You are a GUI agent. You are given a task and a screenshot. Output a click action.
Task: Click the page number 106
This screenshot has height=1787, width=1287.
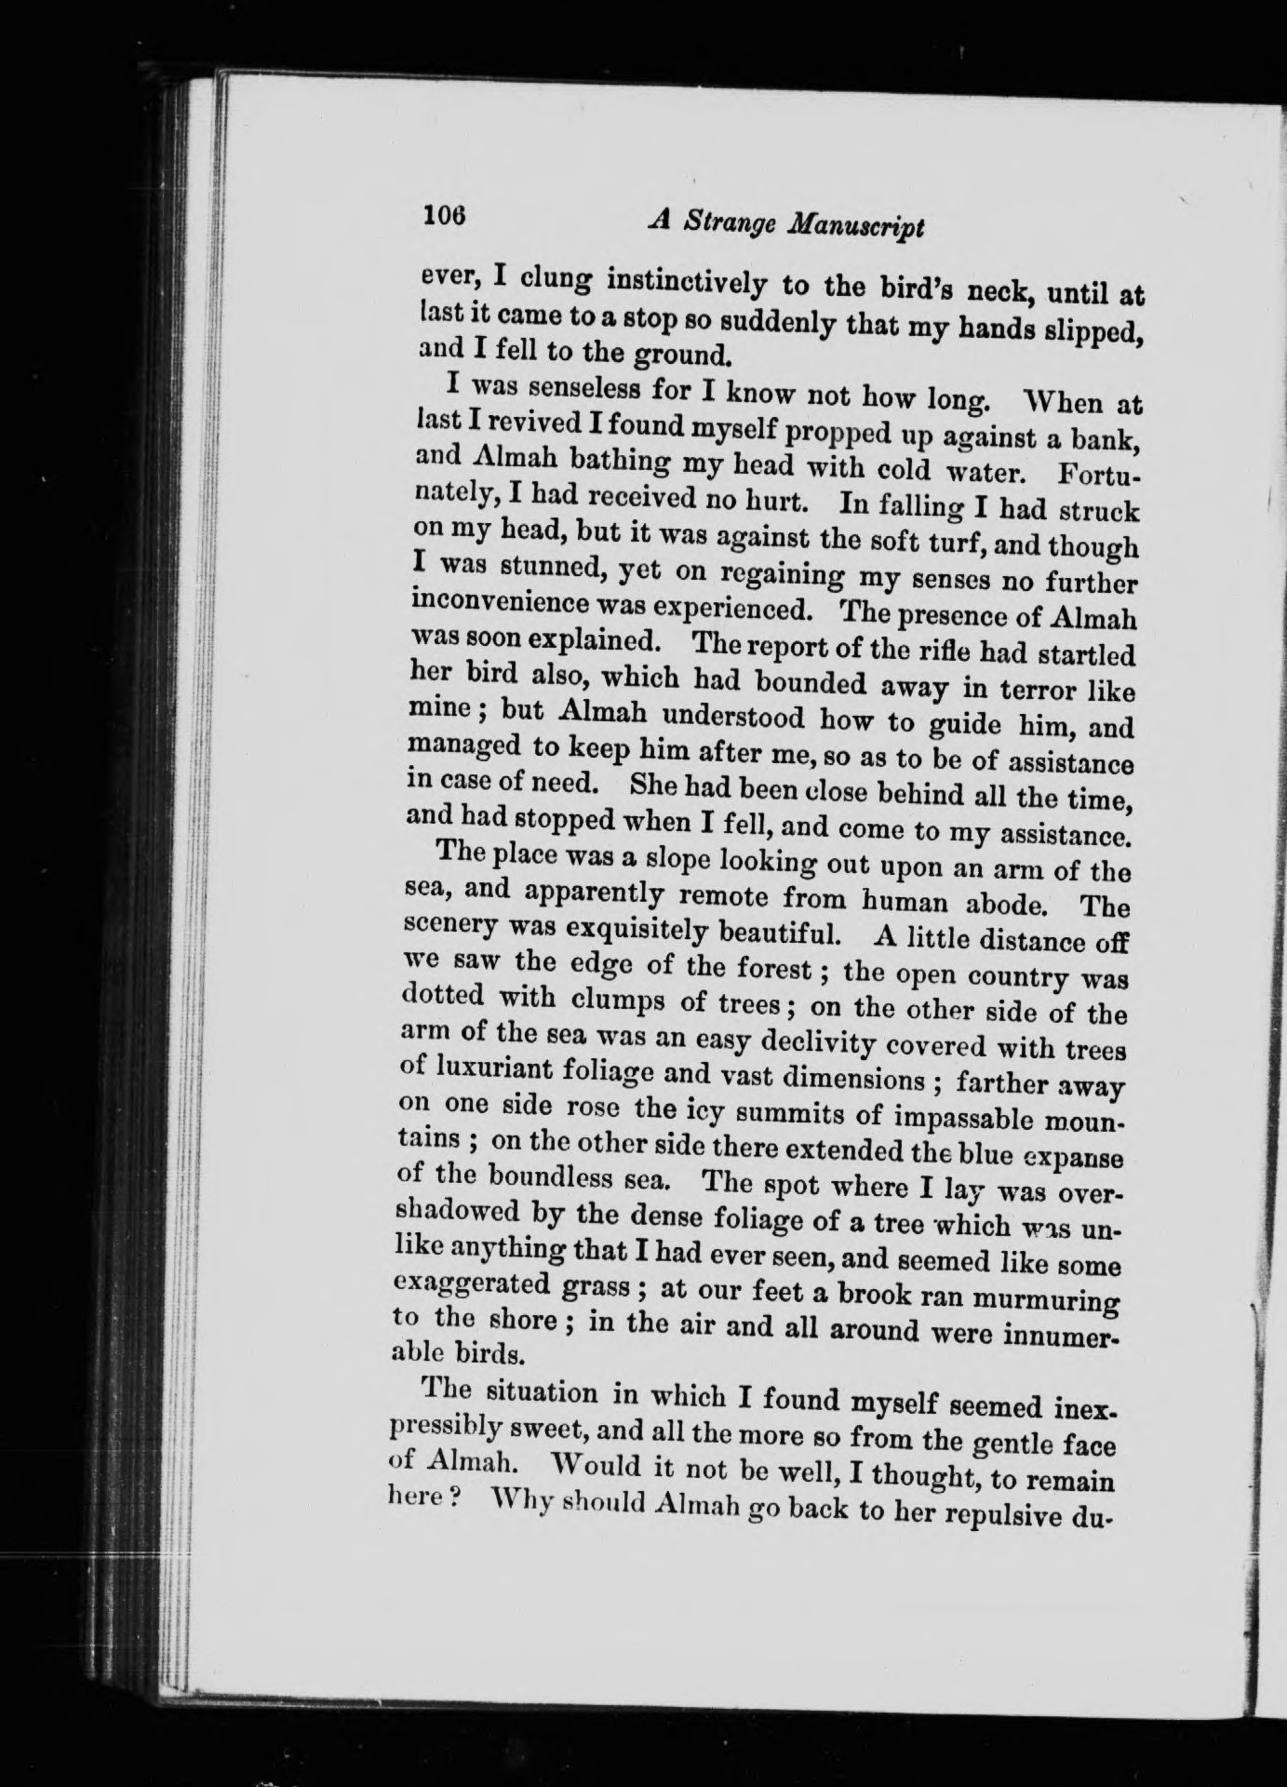click(442, 215)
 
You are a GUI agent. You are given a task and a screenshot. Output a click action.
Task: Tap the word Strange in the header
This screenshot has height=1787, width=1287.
click(732, 224)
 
